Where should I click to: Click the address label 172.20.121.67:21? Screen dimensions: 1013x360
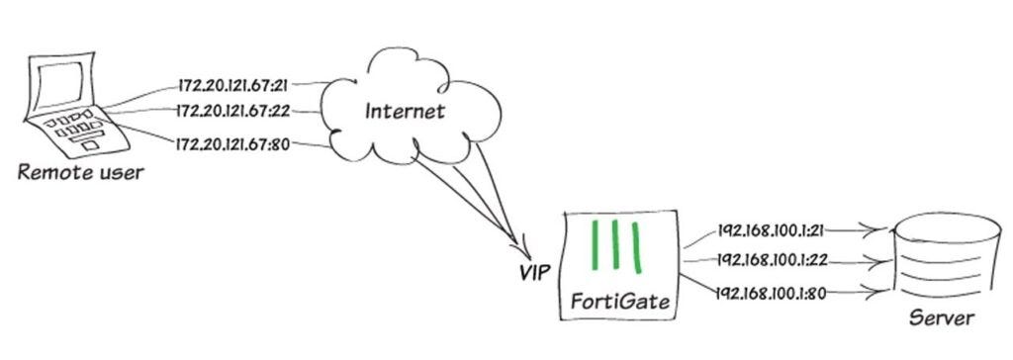[x=233, y=85]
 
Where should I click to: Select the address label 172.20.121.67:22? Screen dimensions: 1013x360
[x=233, y=111]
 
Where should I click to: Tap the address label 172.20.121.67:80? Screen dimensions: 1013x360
[x=233, y=142]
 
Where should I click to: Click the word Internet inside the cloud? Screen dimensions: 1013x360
[x=405, y=111]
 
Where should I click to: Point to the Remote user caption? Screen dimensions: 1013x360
[x=81, y=173]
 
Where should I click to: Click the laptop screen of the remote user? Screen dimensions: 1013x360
[x=59, y=85]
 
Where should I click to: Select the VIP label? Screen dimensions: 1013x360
[x=535, y=273]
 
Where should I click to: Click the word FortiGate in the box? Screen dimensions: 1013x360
[x=620, y=302]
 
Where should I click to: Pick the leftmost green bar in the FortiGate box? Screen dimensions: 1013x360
[x=595, y=245]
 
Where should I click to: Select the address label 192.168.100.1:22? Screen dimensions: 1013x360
[x=772, y=260]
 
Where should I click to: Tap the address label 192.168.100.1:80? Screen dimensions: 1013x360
[x=772, y=294]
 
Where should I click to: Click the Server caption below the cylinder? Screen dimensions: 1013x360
[x=942, y=318]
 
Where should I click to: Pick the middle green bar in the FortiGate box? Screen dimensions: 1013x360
[x=615, y=244]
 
